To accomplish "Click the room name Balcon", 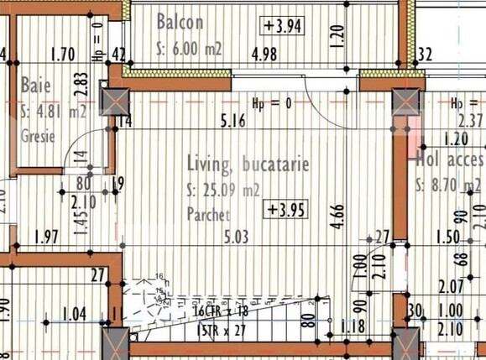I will (180, 22).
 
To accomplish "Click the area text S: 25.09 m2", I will (224, 190).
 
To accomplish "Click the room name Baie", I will (35, 86).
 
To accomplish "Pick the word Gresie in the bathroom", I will (38, 136).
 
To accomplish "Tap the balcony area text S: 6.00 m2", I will (189, 49).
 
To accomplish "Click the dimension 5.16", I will (233, 122).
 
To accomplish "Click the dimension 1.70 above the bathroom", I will (63, 56).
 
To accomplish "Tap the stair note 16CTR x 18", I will (221, 310).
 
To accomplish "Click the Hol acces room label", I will (449, 159).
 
